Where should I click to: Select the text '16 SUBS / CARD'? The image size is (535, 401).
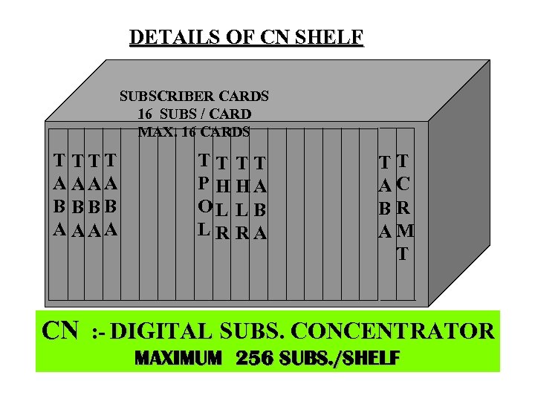point(194,114)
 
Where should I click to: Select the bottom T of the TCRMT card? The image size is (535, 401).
point(402,254)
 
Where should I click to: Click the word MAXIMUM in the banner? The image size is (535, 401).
point(178,359)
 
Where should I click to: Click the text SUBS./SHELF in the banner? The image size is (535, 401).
point(343,359)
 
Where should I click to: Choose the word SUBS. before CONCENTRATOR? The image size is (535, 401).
point(255,329)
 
